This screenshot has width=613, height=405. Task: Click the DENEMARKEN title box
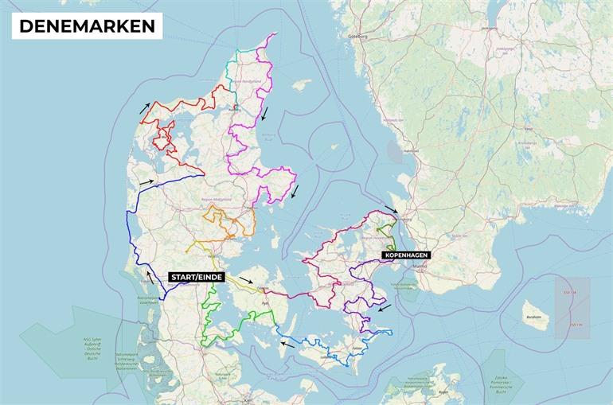tap(87, 25)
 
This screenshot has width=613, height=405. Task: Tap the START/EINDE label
tap(196, 277)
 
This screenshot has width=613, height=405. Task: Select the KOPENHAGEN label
tap(406, 255)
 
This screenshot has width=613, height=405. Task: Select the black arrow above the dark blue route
tap(146, 182)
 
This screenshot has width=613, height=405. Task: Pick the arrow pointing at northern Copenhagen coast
tap(390, 209)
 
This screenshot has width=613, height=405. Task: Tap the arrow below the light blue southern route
tap(287, 344)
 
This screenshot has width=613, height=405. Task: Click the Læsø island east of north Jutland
tap(301, 84)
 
